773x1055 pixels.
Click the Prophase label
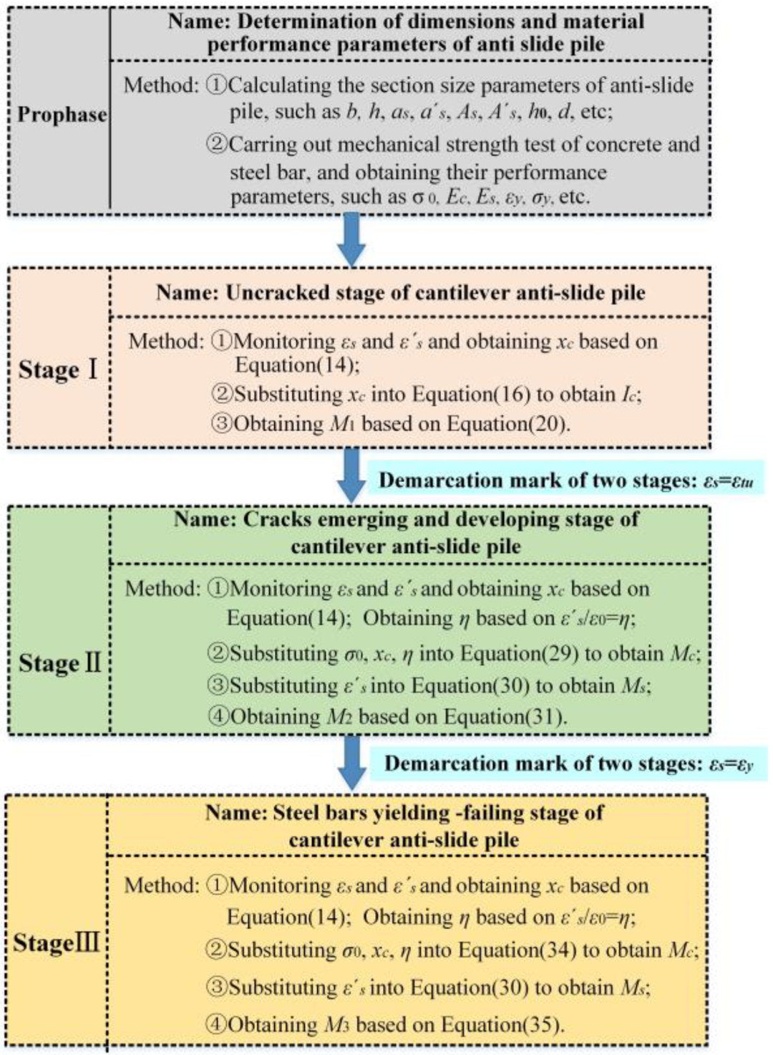point(62,115)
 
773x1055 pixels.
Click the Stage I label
point(57,370)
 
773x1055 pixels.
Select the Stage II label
point(59,663)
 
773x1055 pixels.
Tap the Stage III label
point(56,942)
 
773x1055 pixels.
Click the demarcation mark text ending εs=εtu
point(565,480)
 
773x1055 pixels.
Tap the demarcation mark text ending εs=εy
point(568,763)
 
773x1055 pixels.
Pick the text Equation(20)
point(507,424)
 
